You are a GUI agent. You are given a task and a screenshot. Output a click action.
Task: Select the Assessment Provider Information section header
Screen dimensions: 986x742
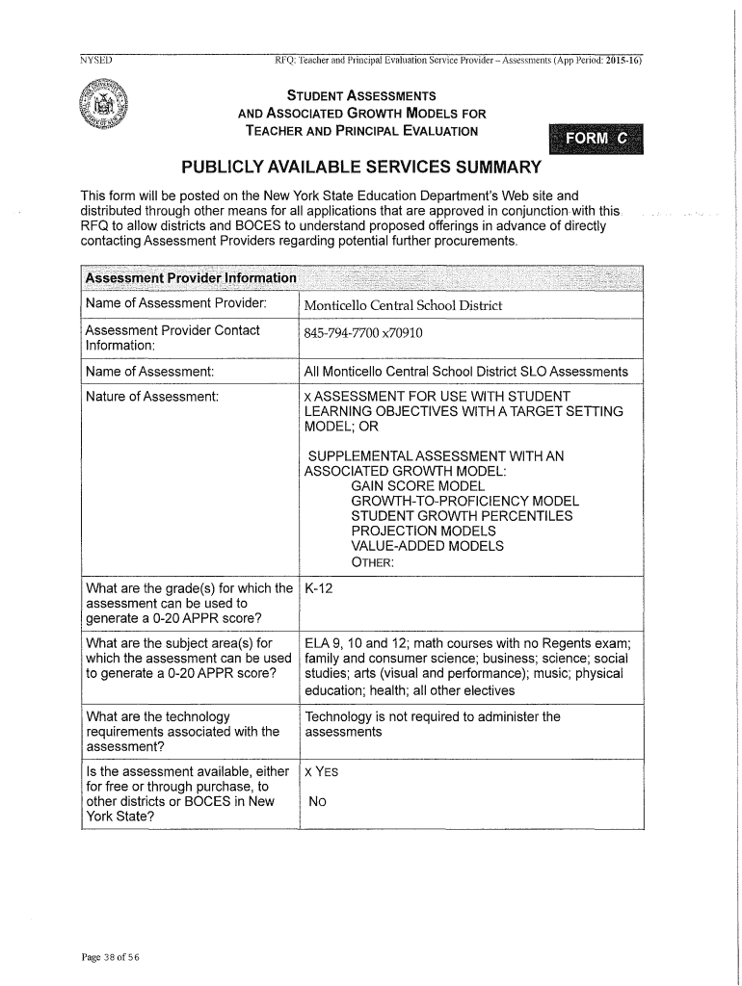coord(191,277)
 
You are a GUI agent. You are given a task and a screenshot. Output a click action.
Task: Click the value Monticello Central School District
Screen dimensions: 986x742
coord(403,306)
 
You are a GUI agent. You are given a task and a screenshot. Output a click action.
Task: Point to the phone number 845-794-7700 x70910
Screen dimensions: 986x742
coord(363,333)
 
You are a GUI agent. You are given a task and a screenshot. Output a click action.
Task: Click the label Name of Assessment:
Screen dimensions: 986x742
coord(149,371)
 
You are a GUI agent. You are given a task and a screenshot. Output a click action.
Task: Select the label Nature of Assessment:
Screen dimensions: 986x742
coord(152,396)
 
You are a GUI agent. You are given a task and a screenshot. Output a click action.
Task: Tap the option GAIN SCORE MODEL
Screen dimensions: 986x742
coord(417,486)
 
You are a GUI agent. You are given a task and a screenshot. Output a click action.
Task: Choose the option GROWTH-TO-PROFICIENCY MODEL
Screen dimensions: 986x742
coord(464,501)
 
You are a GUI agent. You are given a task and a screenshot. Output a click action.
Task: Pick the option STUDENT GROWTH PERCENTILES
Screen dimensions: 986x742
coord(462,516)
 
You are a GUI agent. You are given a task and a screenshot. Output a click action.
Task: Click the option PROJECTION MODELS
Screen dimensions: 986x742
coord(424,531)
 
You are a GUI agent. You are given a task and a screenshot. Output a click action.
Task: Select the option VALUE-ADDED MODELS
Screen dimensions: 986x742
coord(427,546)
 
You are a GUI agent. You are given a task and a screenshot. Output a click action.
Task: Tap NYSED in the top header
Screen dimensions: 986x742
coord(96,61)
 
